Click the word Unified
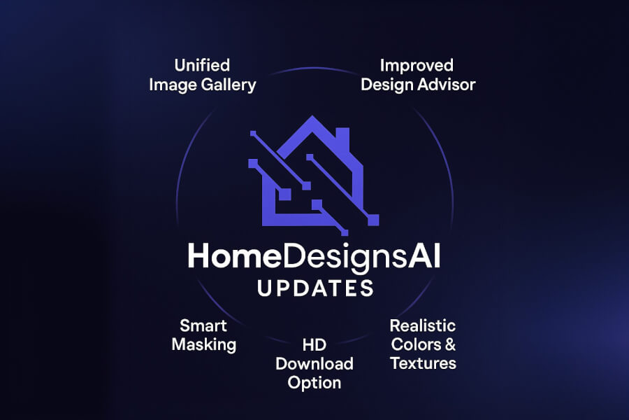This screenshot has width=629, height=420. (202, 66)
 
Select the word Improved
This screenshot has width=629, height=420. (417, 66)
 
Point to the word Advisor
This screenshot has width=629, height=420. (447, 85)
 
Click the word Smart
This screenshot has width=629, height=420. (203, 325)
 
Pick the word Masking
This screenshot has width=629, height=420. (203, 344)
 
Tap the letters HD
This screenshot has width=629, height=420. (314, 344)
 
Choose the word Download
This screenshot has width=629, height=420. (314, 363)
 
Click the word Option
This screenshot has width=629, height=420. (314, 382)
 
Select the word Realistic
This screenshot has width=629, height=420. (422, 325)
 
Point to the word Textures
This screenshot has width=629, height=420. (423, 363)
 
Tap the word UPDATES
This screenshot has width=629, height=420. (314, 288)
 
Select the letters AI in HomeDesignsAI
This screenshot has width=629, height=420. (424, 257)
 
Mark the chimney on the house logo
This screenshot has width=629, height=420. (342, 137)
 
